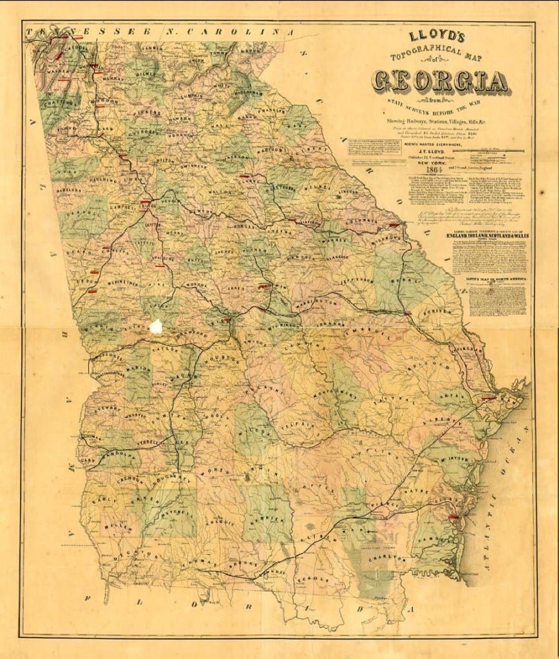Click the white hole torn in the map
[x=155, y=326]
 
